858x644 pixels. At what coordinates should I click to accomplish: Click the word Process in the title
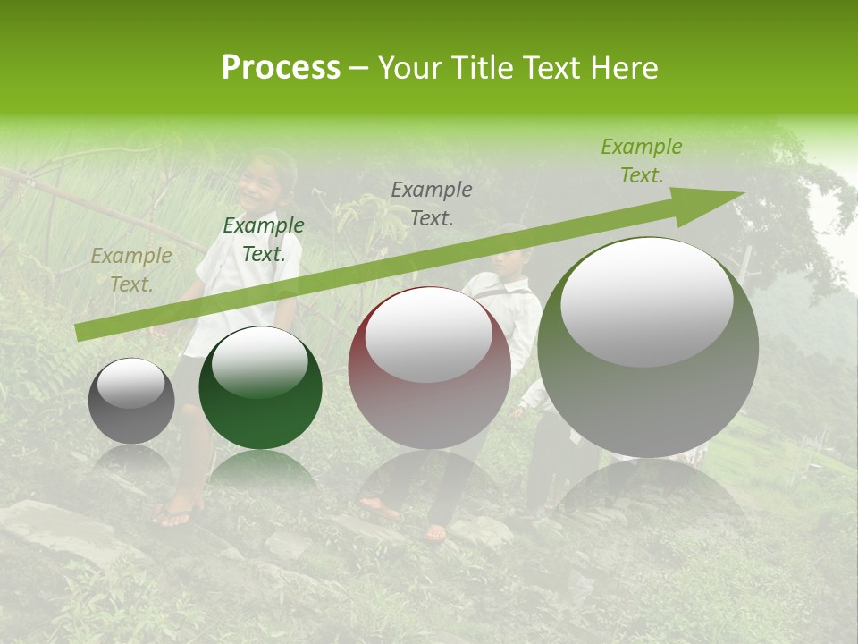281,68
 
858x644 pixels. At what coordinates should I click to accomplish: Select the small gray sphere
131,401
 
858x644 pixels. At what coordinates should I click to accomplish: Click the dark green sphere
260,388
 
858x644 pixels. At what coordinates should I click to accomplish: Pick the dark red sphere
429,368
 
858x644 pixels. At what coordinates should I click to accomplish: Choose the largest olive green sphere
648,348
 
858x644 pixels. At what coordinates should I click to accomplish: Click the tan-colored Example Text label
131,270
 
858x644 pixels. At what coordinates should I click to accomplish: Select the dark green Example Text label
264,240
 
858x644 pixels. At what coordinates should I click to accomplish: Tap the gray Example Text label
432,203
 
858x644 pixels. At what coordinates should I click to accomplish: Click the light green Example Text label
641,161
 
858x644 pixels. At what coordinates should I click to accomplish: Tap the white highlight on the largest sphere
646,301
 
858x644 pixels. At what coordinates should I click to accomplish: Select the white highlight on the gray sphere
130,383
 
